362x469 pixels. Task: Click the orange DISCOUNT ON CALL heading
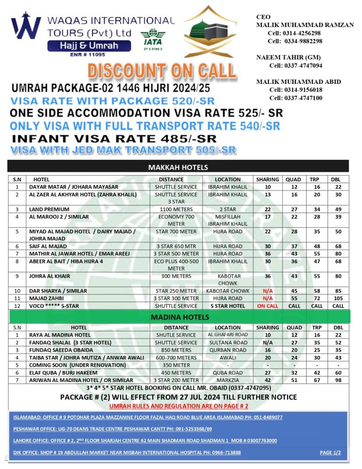(162, 71)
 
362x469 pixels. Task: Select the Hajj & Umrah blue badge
(89, 46)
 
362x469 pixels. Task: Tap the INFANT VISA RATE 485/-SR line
(114, 138)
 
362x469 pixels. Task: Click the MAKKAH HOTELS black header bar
(178, 167)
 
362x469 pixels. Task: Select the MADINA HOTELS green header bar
(178, 317)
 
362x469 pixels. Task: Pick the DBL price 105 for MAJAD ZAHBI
(338, 298)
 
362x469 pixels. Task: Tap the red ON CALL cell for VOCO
(268, 305)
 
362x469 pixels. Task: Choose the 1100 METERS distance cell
(176, 209)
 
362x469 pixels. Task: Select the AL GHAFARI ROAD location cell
(227, 335)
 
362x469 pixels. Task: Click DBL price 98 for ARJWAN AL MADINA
(338, 380)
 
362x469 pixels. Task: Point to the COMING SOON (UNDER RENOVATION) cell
(77, 365)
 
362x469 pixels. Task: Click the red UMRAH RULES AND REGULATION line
(178, 406)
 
